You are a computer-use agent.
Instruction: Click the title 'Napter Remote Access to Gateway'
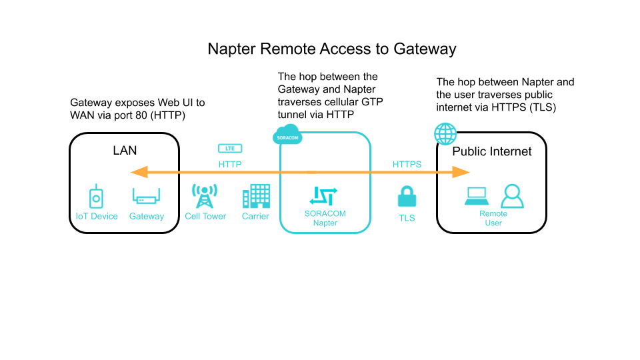[x=331, y=49]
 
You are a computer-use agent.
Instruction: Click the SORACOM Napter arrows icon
[x=323, y=195]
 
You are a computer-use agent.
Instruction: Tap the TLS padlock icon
[x=407, y=197]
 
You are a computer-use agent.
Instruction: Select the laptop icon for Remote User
[x=477, y=196]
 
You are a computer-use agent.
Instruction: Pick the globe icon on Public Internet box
[x=445, y=133]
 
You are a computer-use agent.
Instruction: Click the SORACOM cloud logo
[x=287, y=137]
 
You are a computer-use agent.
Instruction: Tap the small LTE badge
[x=230, y=148]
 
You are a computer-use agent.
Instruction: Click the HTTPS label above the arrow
[x=407, y=164]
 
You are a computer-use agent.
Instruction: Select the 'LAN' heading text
[x=125, y=151]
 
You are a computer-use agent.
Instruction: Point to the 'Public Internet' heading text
[x=492, y=151]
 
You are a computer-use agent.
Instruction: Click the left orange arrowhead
[x=139, y=173]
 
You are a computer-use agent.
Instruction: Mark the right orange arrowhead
[x=462, y=173]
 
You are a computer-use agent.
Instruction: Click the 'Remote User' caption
[x=493, y=218]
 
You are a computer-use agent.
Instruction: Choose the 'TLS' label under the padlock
[x=407, y=218]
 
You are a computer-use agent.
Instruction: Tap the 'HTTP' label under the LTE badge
[x=230, y=164]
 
